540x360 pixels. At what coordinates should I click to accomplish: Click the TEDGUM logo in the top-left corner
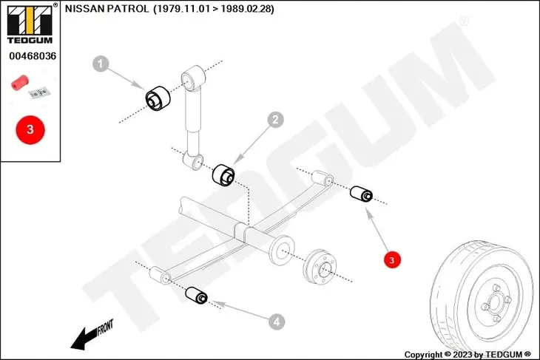coord(30,24)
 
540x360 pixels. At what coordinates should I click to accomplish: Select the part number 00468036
coord(33,56)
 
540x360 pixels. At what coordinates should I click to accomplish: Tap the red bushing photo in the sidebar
coord(20,83)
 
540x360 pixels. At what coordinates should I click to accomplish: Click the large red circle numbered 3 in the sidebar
coord(30,129)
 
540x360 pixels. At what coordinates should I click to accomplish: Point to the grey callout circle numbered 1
coord(101,64)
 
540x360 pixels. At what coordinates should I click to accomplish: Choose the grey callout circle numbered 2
coord(275,120)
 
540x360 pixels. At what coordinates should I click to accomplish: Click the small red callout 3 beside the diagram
coord(392,259)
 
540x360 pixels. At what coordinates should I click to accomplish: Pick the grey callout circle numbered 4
coord(277,322)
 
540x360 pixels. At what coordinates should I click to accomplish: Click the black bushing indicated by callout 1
coord(158,98)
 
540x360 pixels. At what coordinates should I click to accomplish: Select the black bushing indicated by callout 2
coord(223,175)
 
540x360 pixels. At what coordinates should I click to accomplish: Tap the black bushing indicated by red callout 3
coord(361,194)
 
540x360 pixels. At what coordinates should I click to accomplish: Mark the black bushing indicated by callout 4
coord(196,295)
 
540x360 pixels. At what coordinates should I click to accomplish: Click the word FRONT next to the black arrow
coord(105,327)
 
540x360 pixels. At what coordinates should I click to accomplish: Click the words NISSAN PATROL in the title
coord(107,9)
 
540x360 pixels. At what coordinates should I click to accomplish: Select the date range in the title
coord(214,9)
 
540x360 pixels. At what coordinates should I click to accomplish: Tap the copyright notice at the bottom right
coord(468,354)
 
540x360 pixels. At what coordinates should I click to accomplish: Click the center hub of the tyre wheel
coord(495,304)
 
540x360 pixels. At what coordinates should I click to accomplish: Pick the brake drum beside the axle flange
coord(320,267)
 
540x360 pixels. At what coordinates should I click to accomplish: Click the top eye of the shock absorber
coord(193,78)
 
